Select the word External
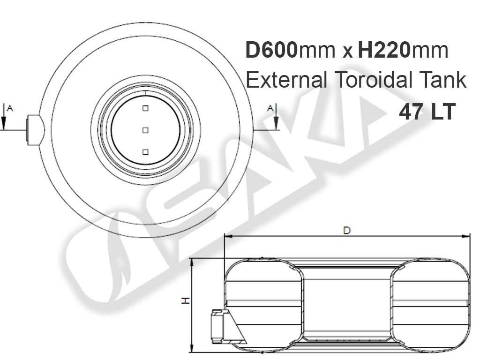pyautogui.click(x=287, y=80)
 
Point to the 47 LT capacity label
pyautogui.click(x=427, y=112)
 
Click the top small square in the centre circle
pyautogui.click(x=146, y=108)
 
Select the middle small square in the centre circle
pyautogui.click(x=146, y=130)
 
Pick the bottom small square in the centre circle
pyautogui.click(x=146, y=152)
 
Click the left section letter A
pyautogui.click(x=10, y=108)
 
